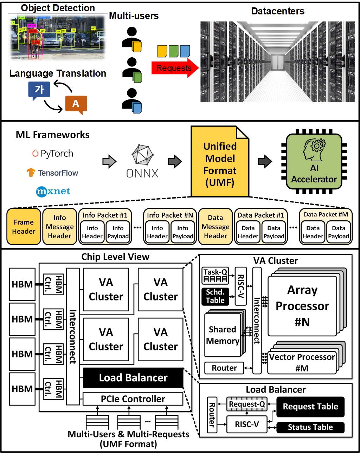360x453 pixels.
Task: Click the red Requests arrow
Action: tap(174, 68)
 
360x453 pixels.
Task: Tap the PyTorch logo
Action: tap(53, 154)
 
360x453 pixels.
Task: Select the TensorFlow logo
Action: tap(52, 173)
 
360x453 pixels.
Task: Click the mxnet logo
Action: tap(53, 191)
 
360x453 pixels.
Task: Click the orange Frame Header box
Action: tap(24, 227)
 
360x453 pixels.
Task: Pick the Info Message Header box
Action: tap(59, 227)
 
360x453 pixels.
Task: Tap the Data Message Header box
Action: tap(216, 227)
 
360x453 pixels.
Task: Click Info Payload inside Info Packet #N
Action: tap(183, 232)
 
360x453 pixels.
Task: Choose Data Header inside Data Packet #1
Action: tap(248, 232)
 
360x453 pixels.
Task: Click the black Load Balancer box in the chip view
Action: tap(133, 378)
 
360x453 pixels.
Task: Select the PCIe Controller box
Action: tap(133, 399)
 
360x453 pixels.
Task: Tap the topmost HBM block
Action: tap(22, 284)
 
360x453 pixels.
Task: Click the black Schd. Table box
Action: tap(215, 296)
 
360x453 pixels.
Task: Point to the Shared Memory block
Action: tap(223, 335)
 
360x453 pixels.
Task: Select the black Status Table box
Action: tap(310, 427)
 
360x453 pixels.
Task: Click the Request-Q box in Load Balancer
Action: tap(247, 404)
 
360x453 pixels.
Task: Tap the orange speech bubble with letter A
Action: tap(76, 104)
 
